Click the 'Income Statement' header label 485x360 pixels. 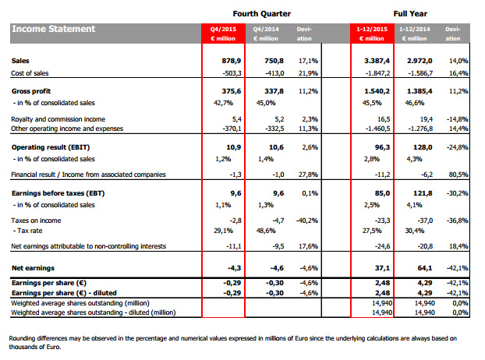click(54, 29)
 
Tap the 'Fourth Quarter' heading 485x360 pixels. click(262, 12)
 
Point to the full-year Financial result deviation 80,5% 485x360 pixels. click(456, 175)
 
